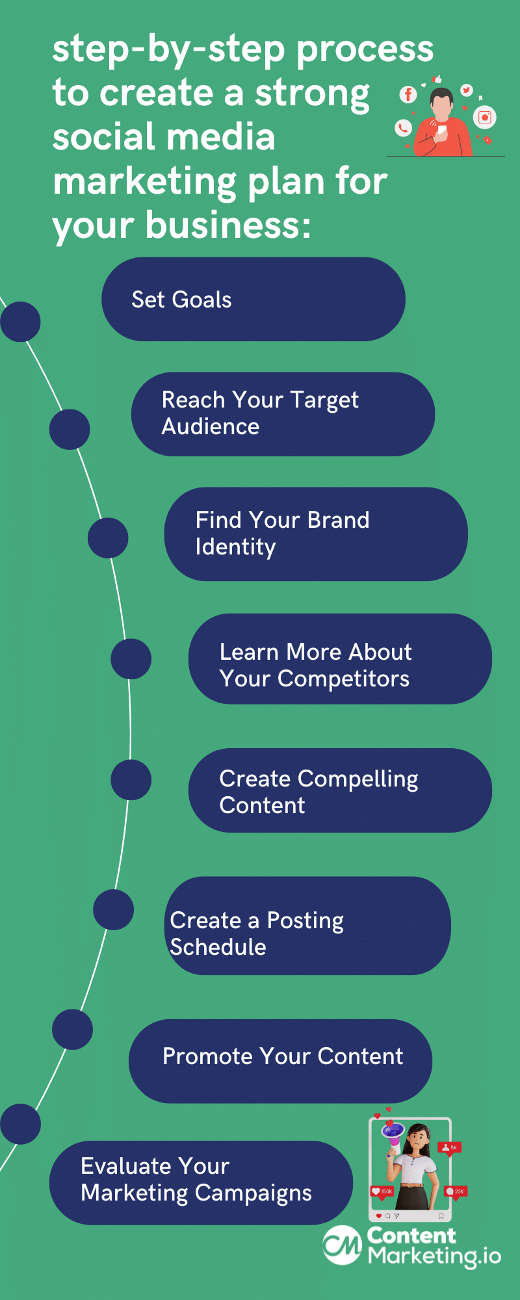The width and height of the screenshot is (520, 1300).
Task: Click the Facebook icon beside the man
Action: (408, 95)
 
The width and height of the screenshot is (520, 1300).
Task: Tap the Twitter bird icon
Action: (466, 90)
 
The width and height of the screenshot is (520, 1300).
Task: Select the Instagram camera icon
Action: (485, 117)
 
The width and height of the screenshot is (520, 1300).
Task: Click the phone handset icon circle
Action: (404, 127)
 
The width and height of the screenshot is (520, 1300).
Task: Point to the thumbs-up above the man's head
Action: (437, 79)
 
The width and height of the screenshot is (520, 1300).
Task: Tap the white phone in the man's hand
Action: (441, 130)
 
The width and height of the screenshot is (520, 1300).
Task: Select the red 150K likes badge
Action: (382, 1191)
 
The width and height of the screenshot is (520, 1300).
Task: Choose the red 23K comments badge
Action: (455, 1191)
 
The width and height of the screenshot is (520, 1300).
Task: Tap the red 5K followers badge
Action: (449, 1148)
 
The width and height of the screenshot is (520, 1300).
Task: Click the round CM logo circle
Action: (343, 1245)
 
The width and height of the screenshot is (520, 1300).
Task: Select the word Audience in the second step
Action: (211, 426)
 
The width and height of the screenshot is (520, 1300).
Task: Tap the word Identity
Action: (235, 547)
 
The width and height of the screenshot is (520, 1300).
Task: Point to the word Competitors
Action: (343, 679)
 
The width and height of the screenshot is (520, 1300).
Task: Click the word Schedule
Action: (218, 947)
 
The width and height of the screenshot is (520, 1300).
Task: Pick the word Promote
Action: (208, 1056)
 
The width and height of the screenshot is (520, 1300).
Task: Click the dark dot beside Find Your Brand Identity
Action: (108, 538)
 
